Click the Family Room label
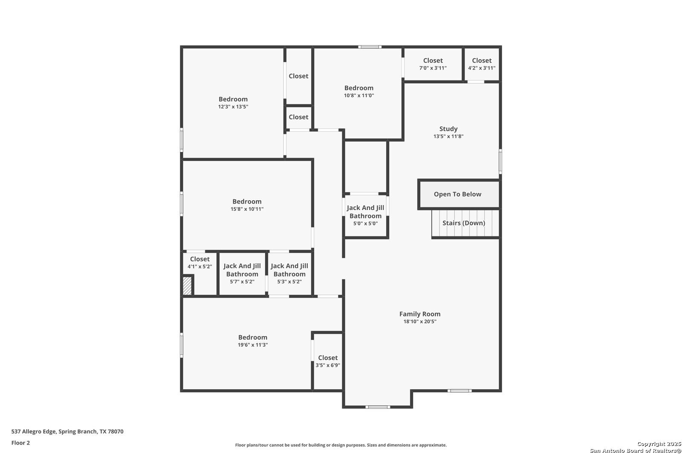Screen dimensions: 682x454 click(420, 314)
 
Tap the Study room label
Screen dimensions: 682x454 click(448, 129)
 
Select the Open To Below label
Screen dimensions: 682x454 click(457, 194)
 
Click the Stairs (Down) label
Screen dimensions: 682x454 click(464, 223)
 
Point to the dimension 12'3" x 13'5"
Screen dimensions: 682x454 click(233, 107)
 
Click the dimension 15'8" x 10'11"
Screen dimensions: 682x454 click(247, 209)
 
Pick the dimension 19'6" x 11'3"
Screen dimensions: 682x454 click(253, 345)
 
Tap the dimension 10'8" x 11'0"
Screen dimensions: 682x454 click(359, 95)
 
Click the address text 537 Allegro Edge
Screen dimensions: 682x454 click(34, 431)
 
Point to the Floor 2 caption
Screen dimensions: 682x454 click(21, 443)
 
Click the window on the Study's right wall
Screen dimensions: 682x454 click(500, 161)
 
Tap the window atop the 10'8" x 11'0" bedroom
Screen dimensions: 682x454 click(370, 47)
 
